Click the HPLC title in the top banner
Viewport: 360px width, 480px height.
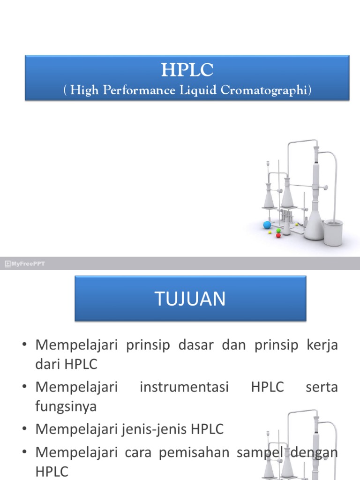click(x=187, y=70)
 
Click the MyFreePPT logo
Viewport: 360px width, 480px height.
click(x=25, y=264)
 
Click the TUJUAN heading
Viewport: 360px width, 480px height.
click(x=190, y=299)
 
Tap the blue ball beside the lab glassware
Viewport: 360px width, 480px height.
click(x=267, y=225)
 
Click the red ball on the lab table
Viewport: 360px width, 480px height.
click(x=278, y=235)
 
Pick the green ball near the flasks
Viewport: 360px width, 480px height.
click(x=278, y=230)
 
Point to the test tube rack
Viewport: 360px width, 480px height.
click(x=287, y=218)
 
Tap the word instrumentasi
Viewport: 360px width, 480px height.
click(x=184, y=387)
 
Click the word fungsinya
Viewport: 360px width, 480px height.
click(x=66, y=406)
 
